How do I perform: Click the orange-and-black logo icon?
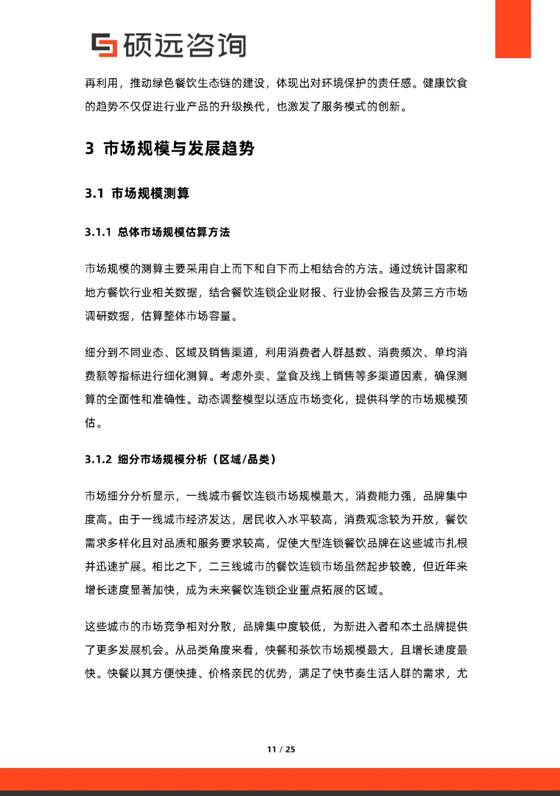pyautogui.click(x=104, y=45)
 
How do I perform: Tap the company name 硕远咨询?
pyautogui.click(x=185, y=45)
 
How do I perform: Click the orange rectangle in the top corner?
pyautogui.click(x=513, y=29)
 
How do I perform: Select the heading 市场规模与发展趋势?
pyautogui.click(x=179, y=149)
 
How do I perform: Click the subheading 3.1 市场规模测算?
pyautogui.click(x=137, y=193)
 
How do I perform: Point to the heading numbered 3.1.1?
pyautogui.click(x=158, y=232)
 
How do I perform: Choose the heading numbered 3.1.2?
pyautogui.click(x=180, y=459)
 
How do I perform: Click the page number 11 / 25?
pyautogui.click(x=281, y=749)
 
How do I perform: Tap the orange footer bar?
pyautogui.click(x=280, y=779)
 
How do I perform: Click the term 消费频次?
pyautogui.click(x=400, y=353)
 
